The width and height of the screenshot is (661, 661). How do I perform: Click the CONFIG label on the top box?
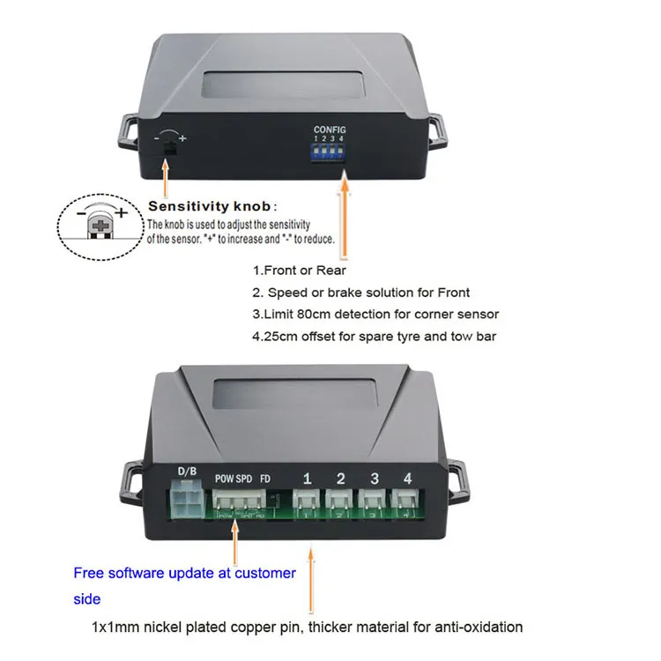pos(330,130)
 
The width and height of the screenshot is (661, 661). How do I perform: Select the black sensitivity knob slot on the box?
pos(169,150)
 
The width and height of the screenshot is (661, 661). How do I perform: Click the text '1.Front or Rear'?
pos(300,271)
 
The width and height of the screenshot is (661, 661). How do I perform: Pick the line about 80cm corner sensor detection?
pos(375,314)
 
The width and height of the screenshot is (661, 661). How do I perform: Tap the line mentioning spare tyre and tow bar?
pos(375,335)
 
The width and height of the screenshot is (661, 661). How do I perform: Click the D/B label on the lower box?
pos(188,472)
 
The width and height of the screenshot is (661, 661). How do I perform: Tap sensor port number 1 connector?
pos(307,505)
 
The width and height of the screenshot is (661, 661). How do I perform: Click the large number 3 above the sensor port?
pos(374,479)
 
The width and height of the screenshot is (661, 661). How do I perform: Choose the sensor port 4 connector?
pos(406,505)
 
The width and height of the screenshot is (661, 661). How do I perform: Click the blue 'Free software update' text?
pos(184,573)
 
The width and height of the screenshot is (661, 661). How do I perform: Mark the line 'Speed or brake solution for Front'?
pos(361,293)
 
